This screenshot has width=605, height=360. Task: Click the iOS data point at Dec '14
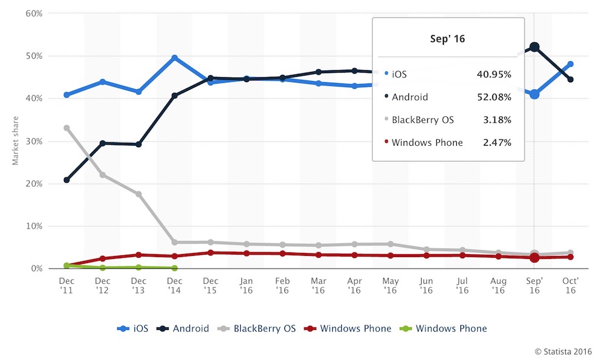175,58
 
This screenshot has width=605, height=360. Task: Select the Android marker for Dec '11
67,180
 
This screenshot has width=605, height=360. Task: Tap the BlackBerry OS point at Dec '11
67,128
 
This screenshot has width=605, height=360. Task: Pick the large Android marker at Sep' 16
534,47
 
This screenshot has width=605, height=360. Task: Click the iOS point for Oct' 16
571,64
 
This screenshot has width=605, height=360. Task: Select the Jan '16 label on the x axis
247,286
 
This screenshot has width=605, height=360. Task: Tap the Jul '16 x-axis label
462,286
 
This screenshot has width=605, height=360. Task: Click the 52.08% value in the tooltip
494,97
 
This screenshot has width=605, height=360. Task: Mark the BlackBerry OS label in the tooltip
422,120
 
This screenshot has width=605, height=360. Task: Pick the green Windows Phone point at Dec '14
175,267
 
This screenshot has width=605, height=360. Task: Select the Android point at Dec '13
139,144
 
